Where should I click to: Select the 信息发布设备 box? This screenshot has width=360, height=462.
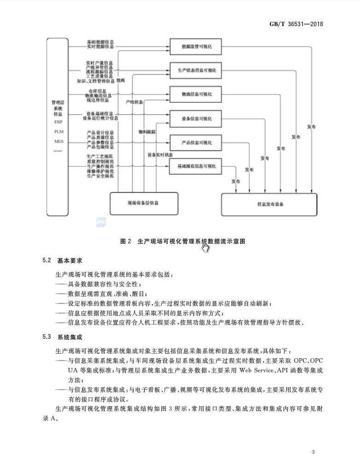[x=269, y=204]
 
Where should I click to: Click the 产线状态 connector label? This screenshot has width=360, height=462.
[x=134, y=101]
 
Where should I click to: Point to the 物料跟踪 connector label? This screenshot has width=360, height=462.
[x=147, y=131]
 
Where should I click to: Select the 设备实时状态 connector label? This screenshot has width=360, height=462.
[x=160, y=155]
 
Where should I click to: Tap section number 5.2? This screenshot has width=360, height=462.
[x=46, y=261]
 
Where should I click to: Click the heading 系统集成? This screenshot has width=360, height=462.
[x=69, y=338]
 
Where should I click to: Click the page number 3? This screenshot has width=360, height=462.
[x=313, y=451]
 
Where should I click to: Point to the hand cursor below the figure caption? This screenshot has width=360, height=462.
[x=205, y=248]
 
